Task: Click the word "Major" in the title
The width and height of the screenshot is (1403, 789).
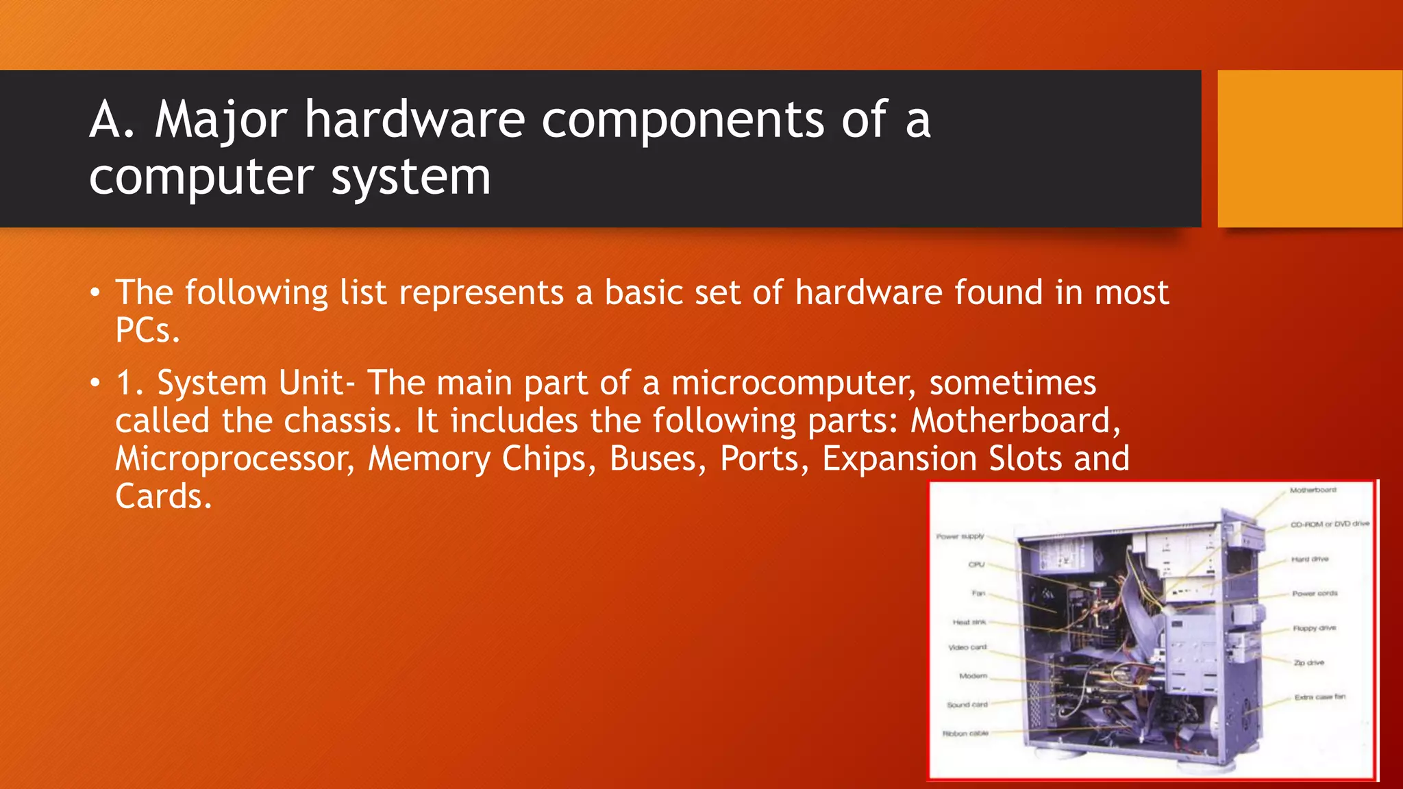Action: pos(220,121)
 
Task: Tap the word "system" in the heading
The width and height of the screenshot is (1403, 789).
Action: pos(410,177)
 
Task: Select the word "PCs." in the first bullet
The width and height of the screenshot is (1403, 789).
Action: pos(147,330)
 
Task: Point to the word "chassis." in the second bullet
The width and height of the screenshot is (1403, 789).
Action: pos(343,421)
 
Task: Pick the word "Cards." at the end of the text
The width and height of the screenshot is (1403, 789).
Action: pos(163,496)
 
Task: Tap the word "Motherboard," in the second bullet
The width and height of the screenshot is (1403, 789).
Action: pos(1015,421)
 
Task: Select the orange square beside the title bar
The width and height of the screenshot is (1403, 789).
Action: pos(1310,149)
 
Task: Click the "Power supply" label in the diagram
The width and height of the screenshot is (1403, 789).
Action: pos(960,536)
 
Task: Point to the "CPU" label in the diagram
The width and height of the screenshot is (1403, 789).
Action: pos(976,564)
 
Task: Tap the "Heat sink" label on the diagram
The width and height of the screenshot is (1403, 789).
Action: pos(969,622)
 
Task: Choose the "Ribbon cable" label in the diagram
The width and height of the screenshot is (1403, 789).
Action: pos(965,734)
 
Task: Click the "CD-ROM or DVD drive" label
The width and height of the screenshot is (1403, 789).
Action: pos(1330,524)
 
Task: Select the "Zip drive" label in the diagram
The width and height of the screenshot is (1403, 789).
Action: pos(1308,662)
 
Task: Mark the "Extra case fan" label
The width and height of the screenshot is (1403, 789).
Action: pos(1319,697)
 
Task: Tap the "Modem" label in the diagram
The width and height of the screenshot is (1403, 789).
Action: pos(973,676)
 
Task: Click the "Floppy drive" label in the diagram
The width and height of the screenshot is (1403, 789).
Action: pos(1314,628)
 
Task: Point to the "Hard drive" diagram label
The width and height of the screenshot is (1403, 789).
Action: pos(1310,559)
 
